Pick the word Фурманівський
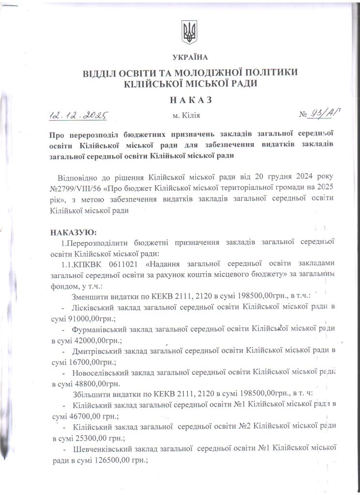101,329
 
